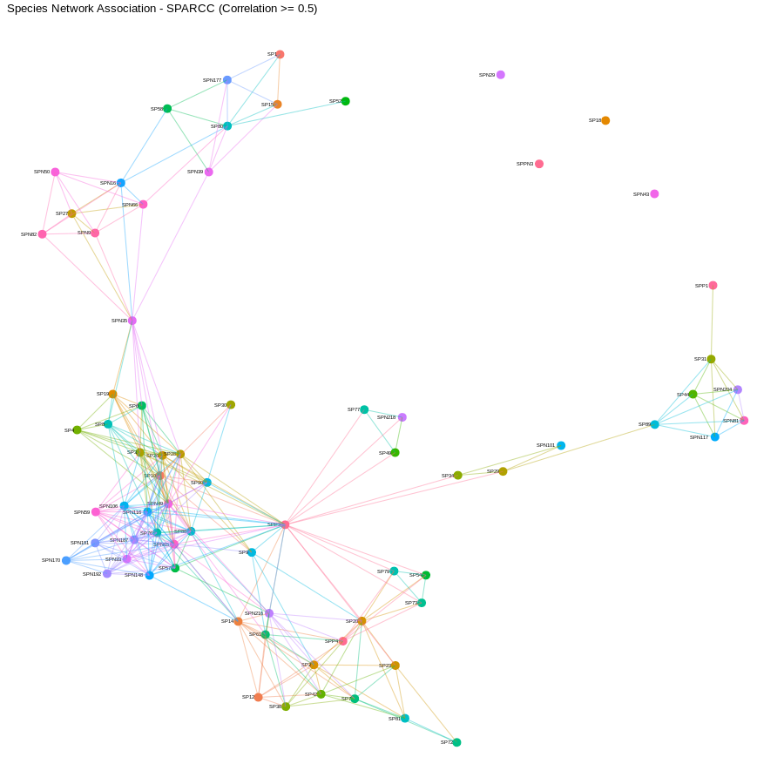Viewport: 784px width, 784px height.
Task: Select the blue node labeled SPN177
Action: tap(227, 80)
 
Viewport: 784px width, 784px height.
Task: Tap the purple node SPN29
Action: tap(501, 75)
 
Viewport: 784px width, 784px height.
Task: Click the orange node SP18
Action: tap(605, 120)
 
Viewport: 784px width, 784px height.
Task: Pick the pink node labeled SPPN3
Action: tap(539, 164)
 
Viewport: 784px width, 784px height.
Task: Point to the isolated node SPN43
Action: tap(654, 194)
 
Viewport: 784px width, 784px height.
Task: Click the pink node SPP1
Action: tap(713, 286)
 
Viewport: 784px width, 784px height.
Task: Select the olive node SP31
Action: tap(711, 359)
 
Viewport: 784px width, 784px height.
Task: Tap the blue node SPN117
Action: tap(715, 437)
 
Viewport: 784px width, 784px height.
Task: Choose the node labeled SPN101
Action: tap(561, 445)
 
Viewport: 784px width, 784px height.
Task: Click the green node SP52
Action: tap(346, 101)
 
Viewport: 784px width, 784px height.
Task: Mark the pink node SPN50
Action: tap(55, 172)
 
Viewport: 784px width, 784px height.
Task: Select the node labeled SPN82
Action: tap(42, 234)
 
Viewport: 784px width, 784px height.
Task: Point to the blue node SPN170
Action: tap(66, 560)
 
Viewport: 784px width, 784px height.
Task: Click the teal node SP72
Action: tap(456, 742)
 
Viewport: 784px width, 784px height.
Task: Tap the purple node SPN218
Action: tap(402, 417)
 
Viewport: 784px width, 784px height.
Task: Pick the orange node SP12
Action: tap(258, 697)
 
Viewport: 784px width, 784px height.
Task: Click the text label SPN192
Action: tap(91, 574)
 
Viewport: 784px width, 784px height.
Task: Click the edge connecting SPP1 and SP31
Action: tap(712, 322)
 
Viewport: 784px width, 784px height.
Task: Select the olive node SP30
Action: tap(231, 405)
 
